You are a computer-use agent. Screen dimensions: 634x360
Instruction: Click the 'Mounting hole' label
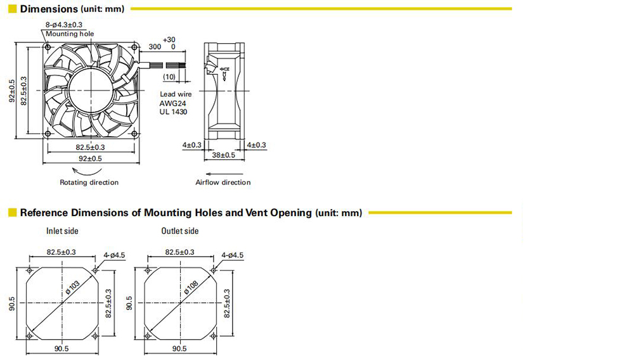(x=70, y=34)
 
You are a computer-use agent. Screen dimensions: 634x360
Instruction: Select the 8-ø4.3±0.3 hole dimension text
(x=64, y=25)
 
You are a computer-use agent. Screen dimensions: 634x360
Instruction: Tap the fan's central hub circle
(x=91, y=90)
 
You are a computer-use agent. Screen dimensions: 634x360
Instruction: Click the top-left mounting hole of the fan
(x=48, y=48)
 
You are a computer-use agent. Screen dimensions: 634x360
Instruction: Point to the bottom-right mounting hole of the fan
(x=134, y=133)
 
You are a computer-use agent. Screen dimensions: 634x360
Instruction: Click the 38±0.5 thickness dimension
(x=224, y=155)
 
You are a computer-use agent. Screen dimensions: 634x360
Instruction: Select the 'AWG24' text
(x=172, y=103)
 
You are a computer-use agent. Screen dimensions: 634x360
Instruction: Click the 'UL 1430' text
(x=173, y=112)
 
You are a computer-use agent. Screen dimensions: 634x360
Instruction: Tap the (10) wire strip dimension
(x=169, y=77)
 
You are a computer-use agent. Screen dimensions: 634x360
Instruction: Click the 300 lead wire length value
(x=155, y=47)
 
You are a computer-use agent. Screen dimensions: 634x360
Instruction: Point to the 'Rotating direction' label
(x=89, y=183)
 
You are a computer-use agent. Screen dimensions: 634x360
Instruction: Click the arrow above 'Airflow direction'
(x=219, y=174)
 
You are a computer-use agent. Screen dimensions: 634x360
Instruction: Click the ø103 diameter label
(x=73, y=286)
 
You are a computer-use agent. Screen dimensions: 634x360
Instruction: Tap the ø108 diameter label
(x=191, y=287)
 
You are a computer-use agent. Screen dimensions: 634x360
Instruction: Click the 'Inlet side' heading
(x=62, y=231)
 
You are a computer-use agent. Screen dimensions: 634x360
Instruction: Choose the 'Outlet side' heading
(x=180, y=231)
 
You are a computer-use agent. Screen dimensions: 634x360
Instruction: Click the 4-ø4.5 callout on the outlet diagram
(x=233, y=255)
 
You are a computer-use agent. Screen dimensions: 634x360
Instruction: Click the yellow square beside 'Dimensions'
(x=13, y=9)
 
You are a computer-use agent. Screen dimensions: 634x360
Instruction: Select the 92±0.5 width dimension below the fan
(x=90, y=159)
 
